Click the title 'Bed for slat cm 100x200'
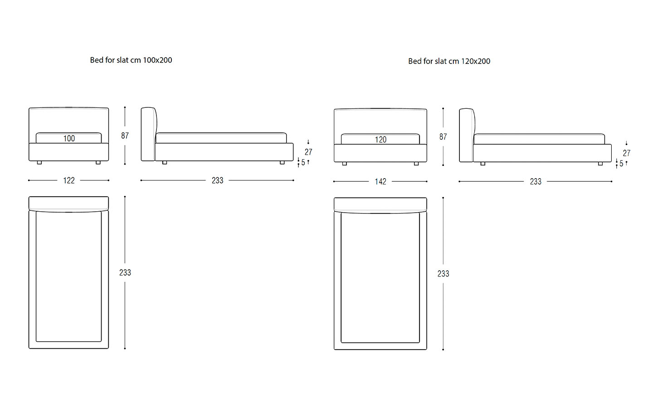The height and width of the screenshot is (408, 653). click(x=131, y=60)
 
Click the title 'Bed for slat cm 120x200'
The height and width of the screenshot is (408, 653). click(x=449, y=61)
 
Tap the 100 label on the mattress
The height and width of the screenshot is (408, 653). click(x=69, y=138)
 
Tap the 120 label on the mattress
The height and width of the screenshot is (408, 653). click(x=380, y=140)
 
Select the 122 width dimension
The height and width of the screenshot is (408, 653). click(x=69, y=181)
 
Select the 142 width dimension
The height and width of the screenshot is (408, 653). click(x=380, y=182)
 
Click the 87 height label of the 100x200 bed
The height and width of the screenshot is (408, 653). click(x=125, y=136)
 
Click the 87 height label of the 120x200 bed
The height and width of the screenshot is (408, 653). click(x=443, y=137)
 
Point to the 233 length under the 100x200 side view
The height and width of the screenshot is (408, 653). click(x=218, y=181)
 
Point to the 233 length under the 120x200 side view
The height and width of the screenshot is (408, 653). click(x=536, y=182)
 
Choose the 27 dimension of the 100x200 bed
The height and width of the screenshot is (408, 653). click(x=308, y=152)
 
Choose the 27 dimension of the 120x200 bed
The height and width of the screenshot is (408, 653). click(x=627, y=153)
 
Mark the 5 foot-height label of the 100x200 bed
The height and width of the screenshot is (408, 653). click(x=303, y=163)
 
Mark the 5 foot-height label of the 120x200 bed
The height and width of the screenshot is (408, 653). click(x=621, y=164)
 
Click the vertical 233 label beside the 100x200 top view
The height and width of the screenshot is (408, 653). click(x=125, y=273)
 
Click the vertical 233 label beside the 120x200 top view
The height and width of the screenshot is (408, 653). click(x=443, y=274)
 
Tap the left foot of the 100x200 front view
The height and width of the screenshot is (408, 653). click(x=39, y=163)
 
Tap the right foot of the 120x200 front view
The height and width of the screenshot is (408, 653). click(x=416, y=164)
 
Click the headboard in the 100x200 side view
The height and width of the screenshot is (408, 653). click(x=149, y=134)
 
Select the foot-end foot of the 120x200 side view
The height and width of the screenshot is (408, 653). click(x=600, y=164)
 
